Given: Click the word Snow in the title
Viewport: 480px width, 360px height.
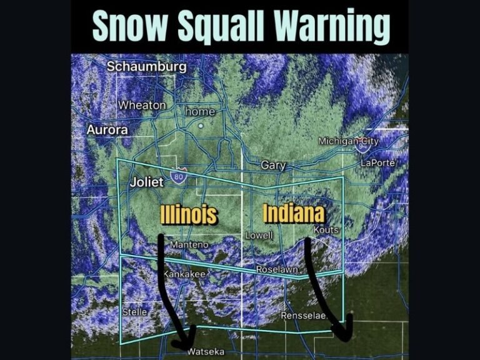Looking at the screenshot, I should tap(132, 27).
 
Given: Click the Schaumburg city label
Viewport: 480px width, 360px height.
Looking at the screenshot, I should tap(146, 67).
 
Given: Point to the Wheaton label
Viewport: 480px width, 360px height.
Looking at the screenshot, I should tap(142, 105).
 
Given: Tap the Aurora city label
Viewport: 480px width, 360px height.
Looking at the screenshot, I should tap(107, 130).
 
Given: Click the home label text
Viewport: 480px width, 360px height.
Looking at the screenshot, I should tap(200, 112).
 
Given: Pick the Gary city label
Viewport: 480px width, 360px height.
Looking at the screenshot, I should tap(273, 166).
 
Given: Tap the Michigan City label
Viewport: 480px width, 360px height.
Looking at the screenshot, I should tap(348, 141).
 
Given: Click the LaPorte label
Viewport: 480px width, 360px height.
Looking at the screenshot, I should tap(379, 163).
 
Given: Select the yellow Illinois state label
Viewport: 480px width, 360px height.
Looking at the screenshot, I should tap(189, 215).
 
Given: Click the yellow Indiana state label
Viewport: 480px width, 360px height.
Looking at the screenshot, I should tap(294, 213).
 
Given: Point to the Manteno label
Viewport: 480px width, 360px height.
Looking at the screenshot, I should tap(189, 244).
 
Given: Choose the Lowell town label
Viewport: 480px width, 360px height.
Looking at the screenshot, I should tap(259, 236).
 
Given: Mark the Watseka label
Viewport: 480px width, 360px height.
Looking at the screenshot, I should tap(206, 352).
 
